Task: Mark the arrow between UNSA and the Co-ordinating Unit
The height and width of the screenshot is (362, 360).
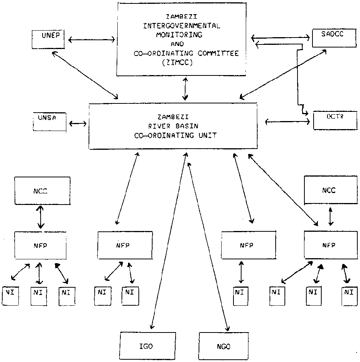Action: point(78,123)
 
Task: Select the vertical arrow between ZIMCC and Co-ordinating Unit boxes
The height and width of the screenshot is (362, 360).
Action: point(186,88)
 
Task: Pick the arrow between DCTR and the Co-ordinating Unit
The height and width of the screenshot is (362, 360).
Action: point(288,122)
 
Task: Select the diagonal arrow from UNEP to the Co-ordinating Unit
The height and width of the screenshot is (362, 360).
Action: point(85,75)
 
